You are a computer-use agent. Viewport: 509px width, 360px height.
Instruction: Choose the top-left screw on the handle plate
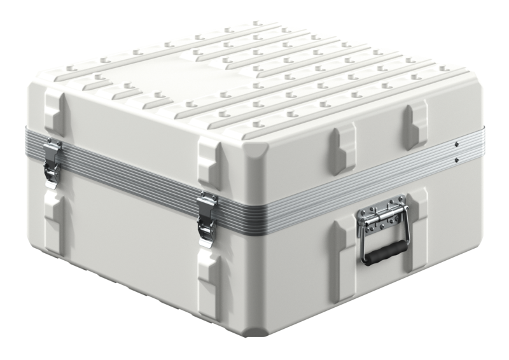pyautogui.click(x=364, y=212)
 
